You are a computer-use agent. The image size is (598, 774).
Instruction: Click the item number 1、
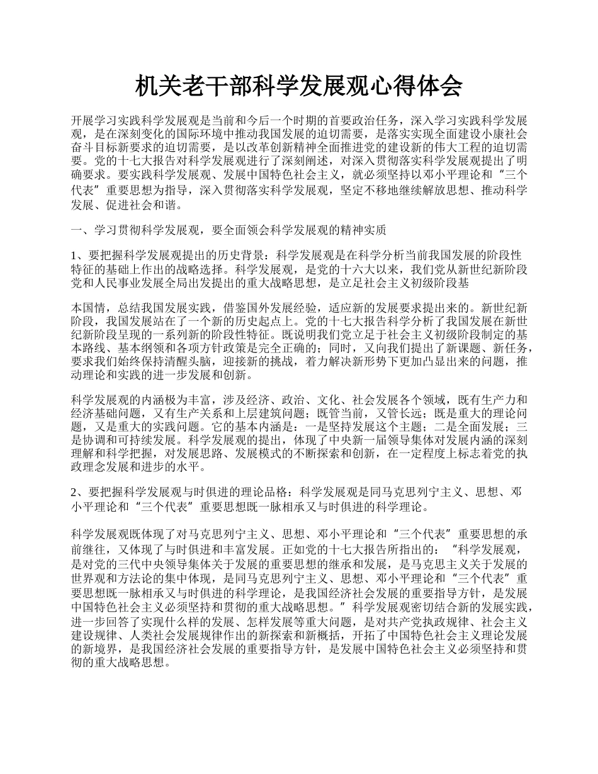click(78, 256)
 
